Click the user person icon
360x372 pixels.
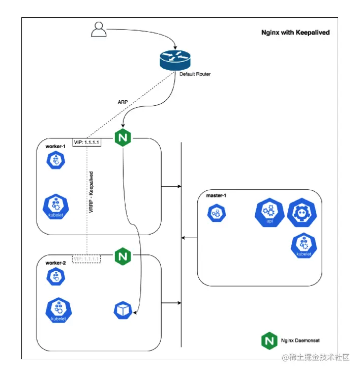pos(99,30)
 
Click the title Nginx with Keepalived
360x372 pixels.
pos(295,33)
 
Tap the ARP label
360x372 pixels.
pos(123,101)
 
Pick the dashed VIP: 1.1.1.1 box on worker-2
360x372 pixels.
pos(86,259)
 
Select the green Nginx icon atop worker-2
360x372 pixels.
pos(122,256)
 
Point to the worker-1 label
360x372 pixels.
pos(56,147)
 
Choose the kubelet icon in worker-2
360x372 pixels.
pos(58,311)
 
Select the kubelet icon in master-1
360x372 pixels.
pos(304,246)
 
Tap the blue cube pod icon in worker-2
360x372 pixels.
pos(123,310)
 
